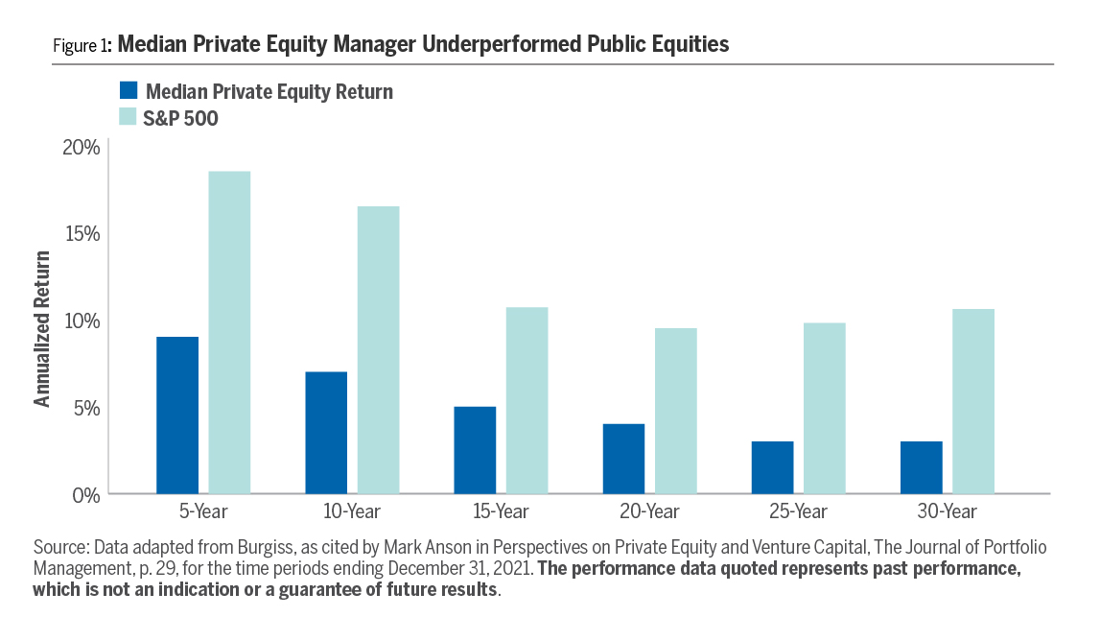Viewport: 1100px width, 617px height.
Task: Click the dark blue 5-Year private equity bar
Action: pyautogui.click(x=177, y=415)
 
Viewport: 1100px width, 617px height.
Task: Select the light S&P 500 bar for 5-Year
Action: pyautogui.click(x=229, y=332)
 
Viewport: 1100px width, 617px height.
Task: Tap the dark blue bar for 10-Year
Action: pyautogui.click(x=326, y=432)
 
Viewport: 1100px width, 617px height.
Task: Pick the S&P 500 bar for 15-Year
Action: pyautogui.click(x=527, y=400)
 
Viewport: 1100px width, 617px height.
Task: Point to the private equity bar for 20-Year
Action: pyautogui.click(x=623, y=459)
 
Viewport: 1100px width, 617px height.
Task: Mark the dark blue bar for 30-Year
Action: pyautogui.click(x=921, y=467)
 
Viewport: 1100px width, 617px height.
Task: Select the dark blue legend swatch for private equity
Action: pyautogui.click(x=129, y=91)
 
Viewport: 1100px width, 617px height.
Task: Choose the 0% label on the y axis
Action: pyautogui.click(x=86, y=494)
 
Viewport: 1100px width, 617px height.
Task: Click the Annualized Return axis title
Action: pyautogui.click(x=42, y=328)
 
